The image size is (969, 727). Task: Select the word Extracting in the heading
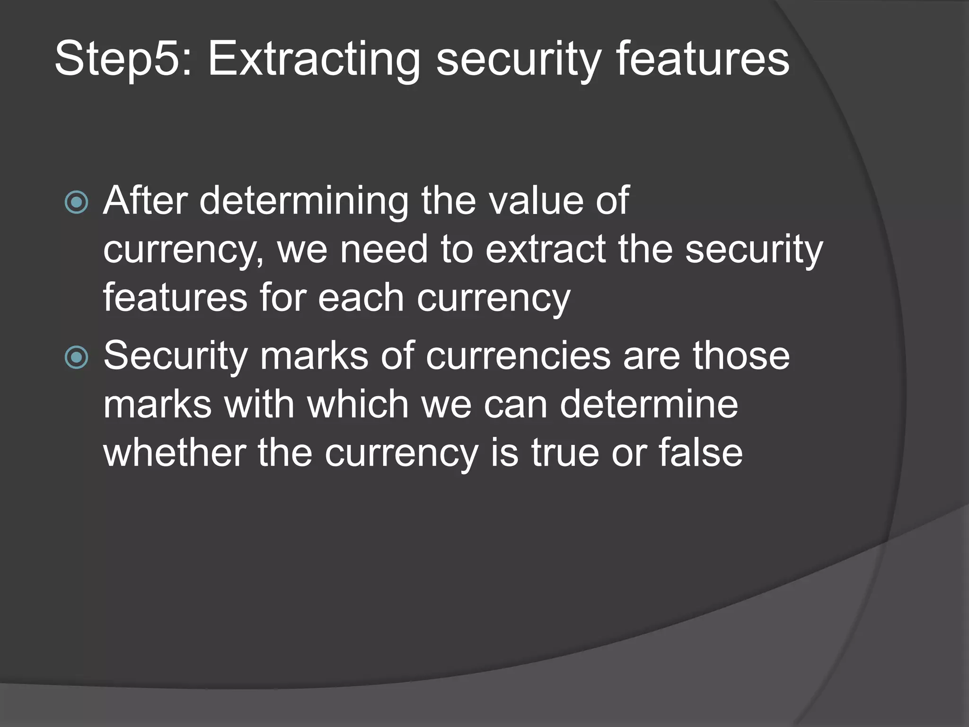point(314,60)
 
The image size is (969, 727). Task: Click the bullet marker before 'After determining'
point(77,203)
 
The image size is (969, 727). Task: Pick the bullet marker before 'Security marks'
point(77,357)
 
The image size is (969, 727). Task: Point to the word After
point(145,201)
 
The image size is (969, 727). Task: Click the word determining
point(304,201)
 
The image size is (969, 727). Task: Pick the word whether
point(175,453)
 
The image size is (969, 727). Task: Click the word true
point(565,453)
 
